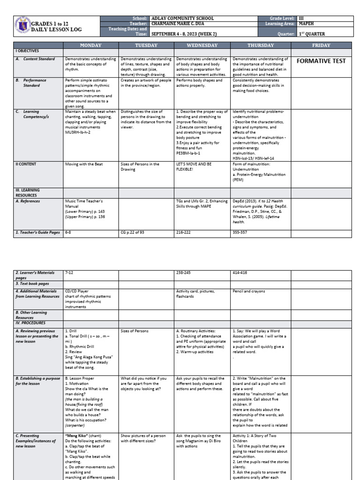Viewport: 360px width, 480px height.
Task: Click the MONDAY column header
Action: click(90, 45)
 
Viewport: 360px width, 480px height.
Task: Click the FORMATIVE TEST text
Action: click(321, 61)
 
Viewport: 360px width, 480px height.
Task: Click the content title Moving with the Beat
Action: click(84, 165)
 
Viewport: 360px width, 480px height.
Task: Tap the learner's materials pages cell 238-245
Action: click(184, 272)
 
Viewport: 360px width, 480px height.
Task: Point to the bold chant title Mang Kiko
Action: click(78, 435)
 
